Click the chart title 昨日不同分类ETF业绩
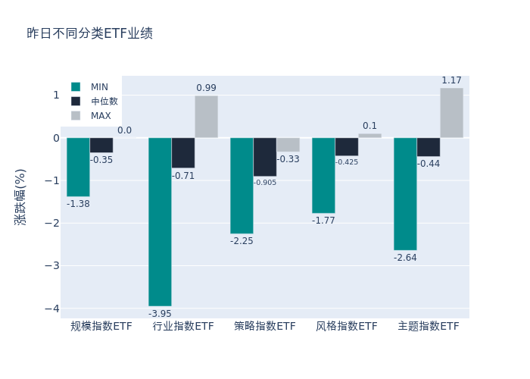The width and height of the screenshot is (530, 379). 89,33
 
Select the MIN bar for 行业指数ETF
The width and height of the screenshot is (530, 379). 160,221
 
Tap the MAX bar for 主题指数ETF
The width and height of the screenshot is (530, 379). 451,113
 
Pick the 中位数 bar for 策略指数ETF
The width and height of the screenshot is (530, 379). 264,157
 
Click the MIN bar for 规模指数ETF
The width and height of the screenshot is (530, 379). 78,167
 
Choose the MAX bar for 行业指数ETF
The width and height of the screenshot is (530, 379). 206,117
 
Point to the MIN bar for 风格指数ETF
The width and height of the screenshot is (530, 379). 323,175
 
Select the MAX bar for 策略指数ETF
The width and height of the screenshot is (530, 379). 288,145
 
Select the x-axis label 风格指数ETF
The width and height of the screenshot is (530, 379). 346,327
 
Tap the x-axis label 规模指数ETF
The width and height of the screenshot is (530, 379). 101,327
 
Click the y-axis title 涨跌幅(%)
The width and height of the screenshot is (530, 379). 20,197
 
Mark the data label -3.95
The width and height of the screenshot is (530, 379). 160,314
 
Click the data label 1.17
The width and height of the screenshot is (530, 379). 451,80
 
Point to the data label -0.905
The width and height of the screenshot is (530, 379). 265,183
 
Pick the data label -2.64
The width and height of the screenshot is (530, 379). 405,258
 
